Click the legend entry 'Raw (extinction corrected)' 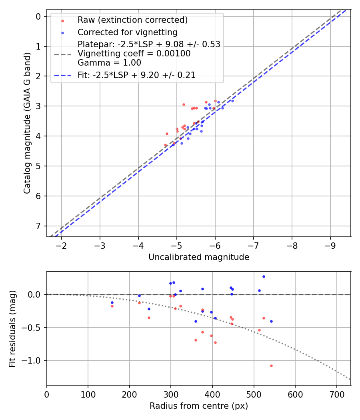[x=132, y=20]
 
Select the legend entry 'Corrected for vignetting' [x=127, y=32]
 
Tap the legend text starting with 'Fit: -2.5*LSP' [x=136, y=75]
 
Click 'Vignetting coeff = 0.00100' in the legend [x=134, y=53]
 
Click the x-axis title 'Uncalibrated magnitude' [x=199, y=257]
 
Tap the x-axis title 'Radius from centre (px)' [x=199, y=406]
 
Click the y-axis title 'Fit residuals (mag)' [x=13, y=328]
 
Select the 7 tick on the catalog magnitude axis [x=38, y=226]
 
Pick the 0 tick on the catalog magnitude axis [x=38, y=16]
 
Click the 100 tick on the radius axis [x=88, y=394]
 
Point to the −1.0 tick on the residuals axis [x=33, y=360]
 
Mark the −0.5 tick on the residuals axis [x=33, y=328]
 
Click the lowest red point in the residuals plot [x=271, y=366]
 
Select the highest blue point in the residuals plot [x=264, y=276]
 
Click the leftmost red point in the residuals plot [x=112, y=306]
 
